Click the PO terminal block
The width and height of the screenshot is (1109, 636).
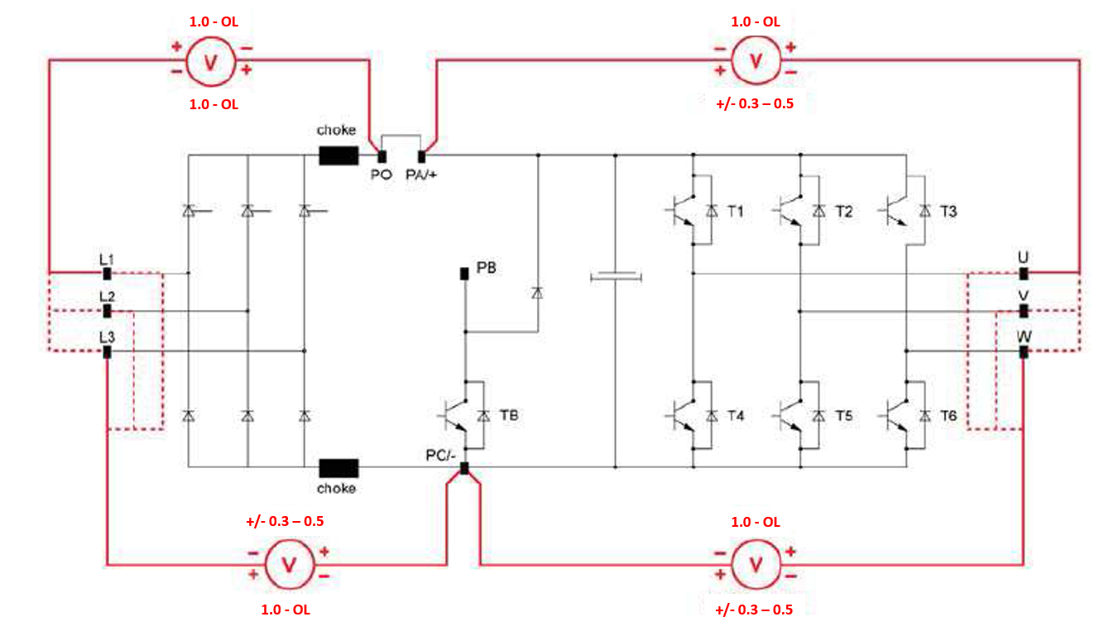382,156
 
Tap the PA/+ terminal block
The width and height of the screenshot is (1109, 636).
421,156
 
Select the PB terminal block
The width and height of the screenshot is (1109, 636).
464,273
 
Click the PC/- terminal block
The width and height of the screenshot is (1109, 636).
464,468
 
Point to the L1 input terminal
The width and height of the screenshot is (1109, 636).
107,273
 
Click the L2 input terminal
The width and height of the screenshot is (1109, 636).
107,311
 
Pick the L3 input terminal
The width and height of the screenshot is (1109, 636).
107,351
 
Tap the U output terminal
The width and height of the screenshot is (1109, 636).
1024,273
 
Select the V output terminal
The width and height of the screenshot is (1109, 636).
1024,311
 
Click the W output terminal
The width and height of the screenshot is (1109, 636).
1024,351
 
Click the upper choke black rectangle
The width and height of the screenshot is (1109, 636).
338,155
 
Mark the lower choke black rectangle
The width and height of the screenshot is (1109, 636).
338,468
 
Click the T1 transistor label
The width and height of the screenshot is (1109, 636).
736,212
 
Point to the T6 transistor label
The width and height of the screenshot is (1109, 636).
948,416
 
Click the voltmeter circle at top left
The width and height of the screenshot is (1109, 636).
211,61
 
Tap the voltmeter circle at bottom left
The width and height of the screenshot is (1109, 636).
290,564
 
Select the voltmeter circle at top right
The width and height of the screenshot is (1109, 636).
756,60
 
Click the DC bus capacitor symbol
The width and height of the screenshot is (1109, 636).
616,276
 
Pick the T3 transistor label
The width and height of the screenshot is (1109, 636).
948,212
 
